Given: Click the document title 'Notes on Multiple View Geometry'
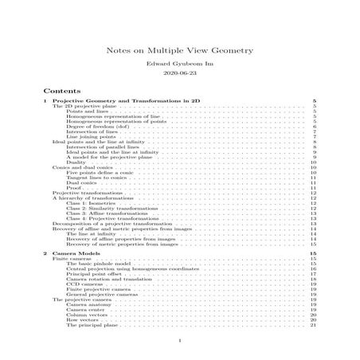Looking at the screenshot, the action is pos(180,50).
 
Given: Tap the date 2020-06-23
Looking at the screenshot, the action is pos(180,73).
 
